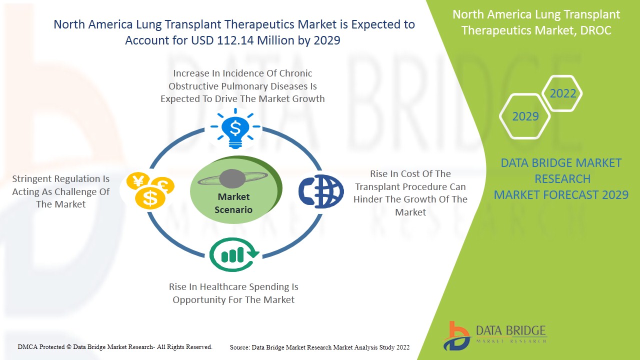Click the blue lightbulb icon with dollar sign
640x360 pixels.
(235, 128)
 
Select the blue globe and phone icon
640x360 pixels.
(321, 191)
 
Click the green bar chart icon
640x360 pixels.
(234, 254)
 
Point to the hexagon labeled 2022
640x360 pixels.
(562, 93)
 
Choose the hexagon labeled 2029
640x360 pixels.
(525, 116)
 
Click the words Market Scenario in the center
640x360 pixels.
(233, 203)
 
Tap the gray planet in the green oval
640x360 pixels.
(232, 179)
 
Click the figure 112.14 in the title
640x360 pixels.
(235, 40)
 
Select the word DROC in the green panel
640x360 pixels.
(595, 30)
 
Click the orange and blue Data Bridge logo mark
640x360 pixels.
(456, 336)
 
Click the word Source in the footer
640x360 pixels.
(240, 347)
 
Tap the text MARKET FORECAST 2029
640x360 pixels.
(561, 195)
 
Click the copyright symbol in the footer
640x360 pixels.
(69, 347)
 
